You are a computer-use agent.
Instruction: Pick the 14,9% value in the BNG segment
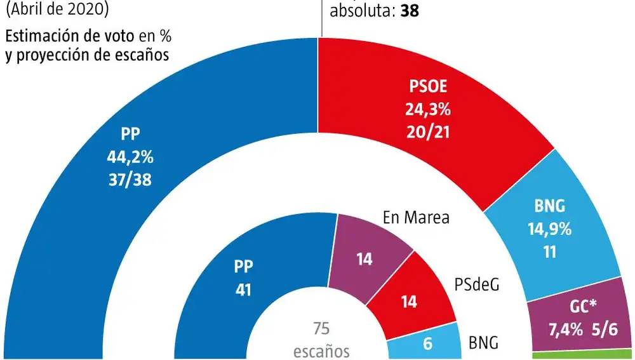click(x=550, y=229)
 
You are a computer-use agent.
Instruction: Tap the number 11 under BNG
click(x=550, y=251)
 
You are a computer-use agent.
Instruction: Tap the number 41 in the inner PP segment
click(x=243, y=290)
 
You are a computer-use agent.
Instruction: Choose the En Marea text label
click(x=416, y=218)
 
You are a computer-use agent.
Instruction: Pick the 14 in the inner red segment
click(x=409, y=302)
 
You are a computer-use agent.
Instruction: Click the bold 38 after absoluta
click(x=410, y=11)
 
